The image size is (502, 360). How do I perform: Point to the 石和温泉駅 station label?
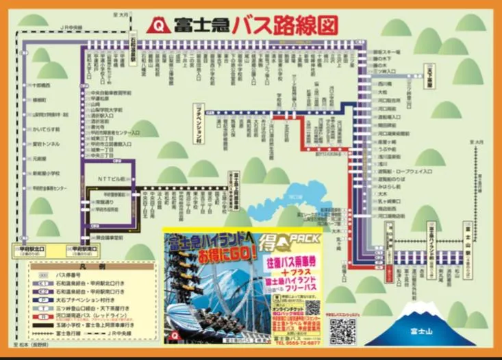(x=134, y=49)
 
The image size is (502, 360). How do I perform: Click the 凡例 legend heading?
(x=83, y=263)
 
